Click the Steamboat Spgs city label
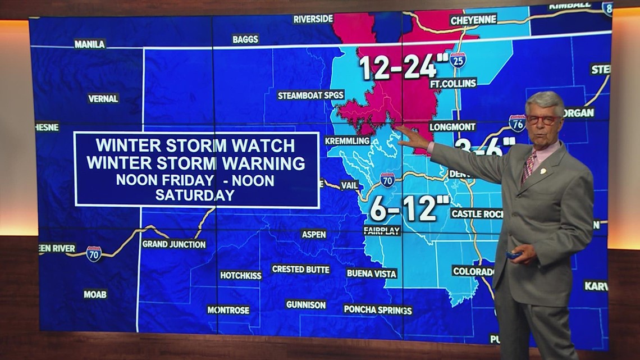point(310,95)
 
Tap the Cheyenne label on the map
point(473,20)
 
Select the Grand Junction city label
point(173,244)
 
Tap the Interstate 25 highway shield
point(458,60)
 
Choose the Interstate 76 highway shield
point(517,123)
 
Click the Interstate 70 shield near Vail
point(387,180)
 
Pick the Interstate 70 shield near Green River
point(94,254)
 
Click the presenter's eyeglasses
point(542,120)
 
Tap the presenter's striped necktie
point(528,167)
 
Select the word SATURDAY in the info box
point(194,195)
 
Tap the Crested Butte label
point(300,270)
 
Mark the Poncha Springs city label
point(378,310)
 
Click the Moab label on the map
point(95,294)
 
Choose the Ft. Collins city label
point(452,83)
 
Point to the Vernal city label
point(103,98)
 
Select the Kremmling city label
point(348,141)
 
